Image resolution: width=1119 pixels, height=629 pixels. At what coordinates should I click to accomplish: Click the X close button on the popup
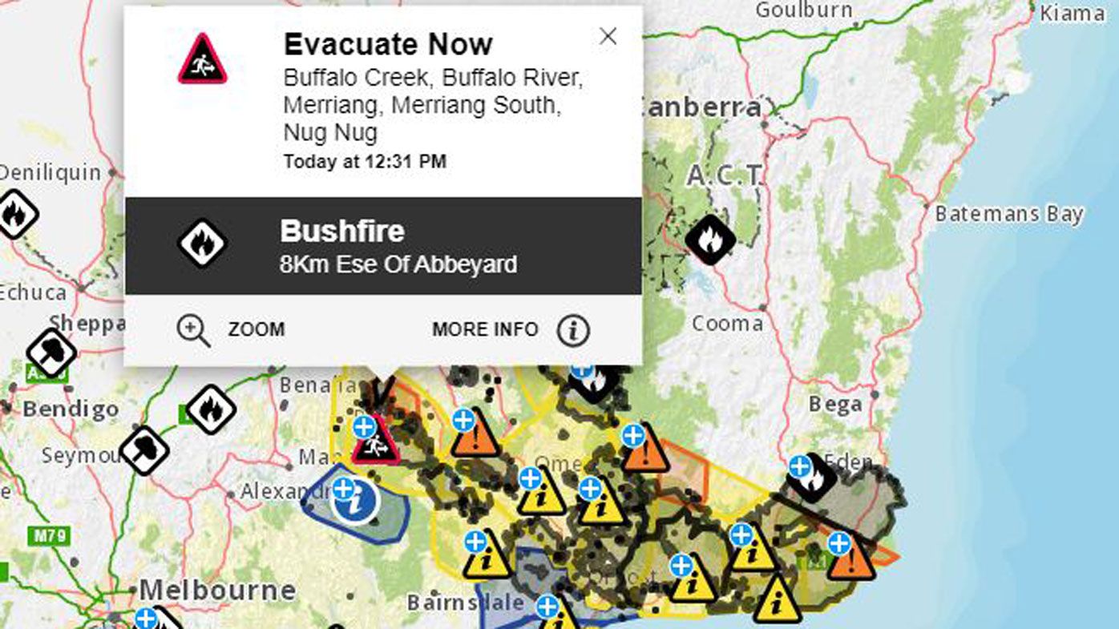pos(608,36)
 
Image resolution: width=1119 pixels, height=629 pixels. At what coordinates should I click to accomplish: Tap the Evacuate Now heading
pos(388,44)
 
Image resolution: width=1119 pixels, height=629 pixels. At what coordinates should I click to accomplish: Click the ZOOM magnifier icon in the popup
pos(193,330)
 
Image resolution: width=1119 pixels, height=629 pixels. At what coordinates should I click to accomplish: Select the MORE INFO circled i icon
pos(573,330)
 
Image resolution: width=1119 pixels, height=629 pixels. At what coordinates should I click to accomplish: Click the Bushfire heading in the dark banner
pos(342,232)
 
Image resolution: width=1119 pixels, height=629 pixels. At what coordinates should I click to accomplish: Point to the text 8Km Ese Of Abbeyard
pos(398,264)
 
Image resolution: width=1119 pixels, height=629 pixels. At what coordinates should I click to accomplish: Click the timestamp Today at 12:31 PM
pos(365,162)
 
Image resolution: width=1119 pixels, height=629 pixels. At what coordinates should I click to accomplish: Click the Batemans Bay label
pos(1009,214)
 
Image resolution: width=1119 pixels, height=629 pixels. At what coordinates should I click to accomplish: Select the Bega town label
pos(834,404)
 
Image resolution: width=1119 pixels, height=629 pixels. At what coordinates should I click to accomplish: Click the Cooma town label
pos(727,324)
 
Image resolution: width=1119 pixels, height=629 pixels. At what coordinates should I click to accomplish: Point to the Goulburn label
pos(803,10)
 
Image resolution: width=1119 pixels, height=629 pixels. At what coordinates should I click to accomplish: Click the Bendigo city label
pos(71,409)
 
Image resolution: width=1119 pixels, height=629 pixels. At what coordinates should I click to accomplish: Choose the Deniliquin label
pos(50,172)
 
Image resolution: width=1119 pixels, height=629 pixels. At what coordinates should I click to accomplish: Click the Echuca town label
pos(33,291)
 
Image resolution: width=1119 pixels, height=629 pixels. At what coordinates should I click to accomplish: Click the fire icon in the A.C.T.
pos(710,239)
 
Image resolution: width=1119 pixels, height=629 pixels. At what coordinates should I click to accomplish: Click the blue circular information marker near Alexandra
pos(355,502)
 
